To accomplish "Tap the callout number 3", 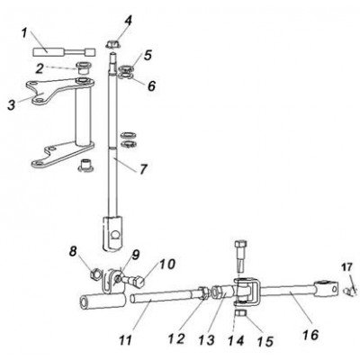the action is (x=12, y=105).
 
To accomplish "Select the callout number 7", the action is (x=143, y=168).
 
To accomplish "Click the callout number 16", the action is (x=310, y=335).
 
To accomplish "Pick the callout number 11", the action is (x=125, y=340).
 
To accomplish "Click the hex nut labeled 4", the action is (x=113, y=44).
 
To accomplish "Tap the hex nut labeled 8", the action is (x=95, y=274).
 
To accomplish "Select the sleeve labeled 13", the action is (x=223, y=292).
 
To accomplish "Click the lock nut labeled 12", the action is (x=203, y=293).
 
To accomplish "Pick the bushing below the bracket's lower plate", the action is (x=85, y=165).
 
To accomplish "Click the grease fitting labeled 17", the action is (x=347, y=290).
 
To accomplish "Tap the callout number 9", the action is (x=136, y=255).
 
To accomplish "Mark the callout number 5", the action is (x=148, y=55).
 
